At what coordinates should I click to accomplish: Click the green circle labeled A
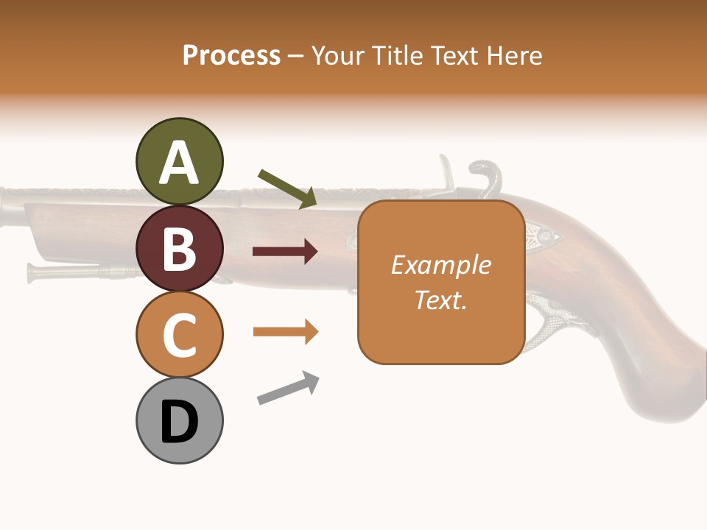point(179,161)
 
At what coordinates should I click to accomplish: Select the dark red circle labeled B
point(179,248)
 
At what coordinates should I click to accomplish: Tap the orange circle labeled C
point(179,334)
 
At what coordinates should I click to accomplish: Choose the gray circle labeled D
point(179,420)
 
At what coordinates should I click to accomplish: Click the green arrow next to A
point(287,188)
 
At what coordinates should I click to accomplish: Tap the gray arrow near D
point(288,388)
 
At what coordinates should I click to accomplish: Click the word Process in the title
point(231,55)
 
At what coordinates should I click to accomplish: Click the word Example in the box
point(440,265)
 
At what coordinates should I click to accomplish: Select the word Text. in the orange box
point(440,300)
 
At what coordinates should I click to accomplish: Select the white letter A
point(179,163)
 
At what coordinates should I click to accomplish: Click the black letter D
point(179,422)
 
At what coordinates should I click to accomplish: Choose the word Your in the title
point(335,55)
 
